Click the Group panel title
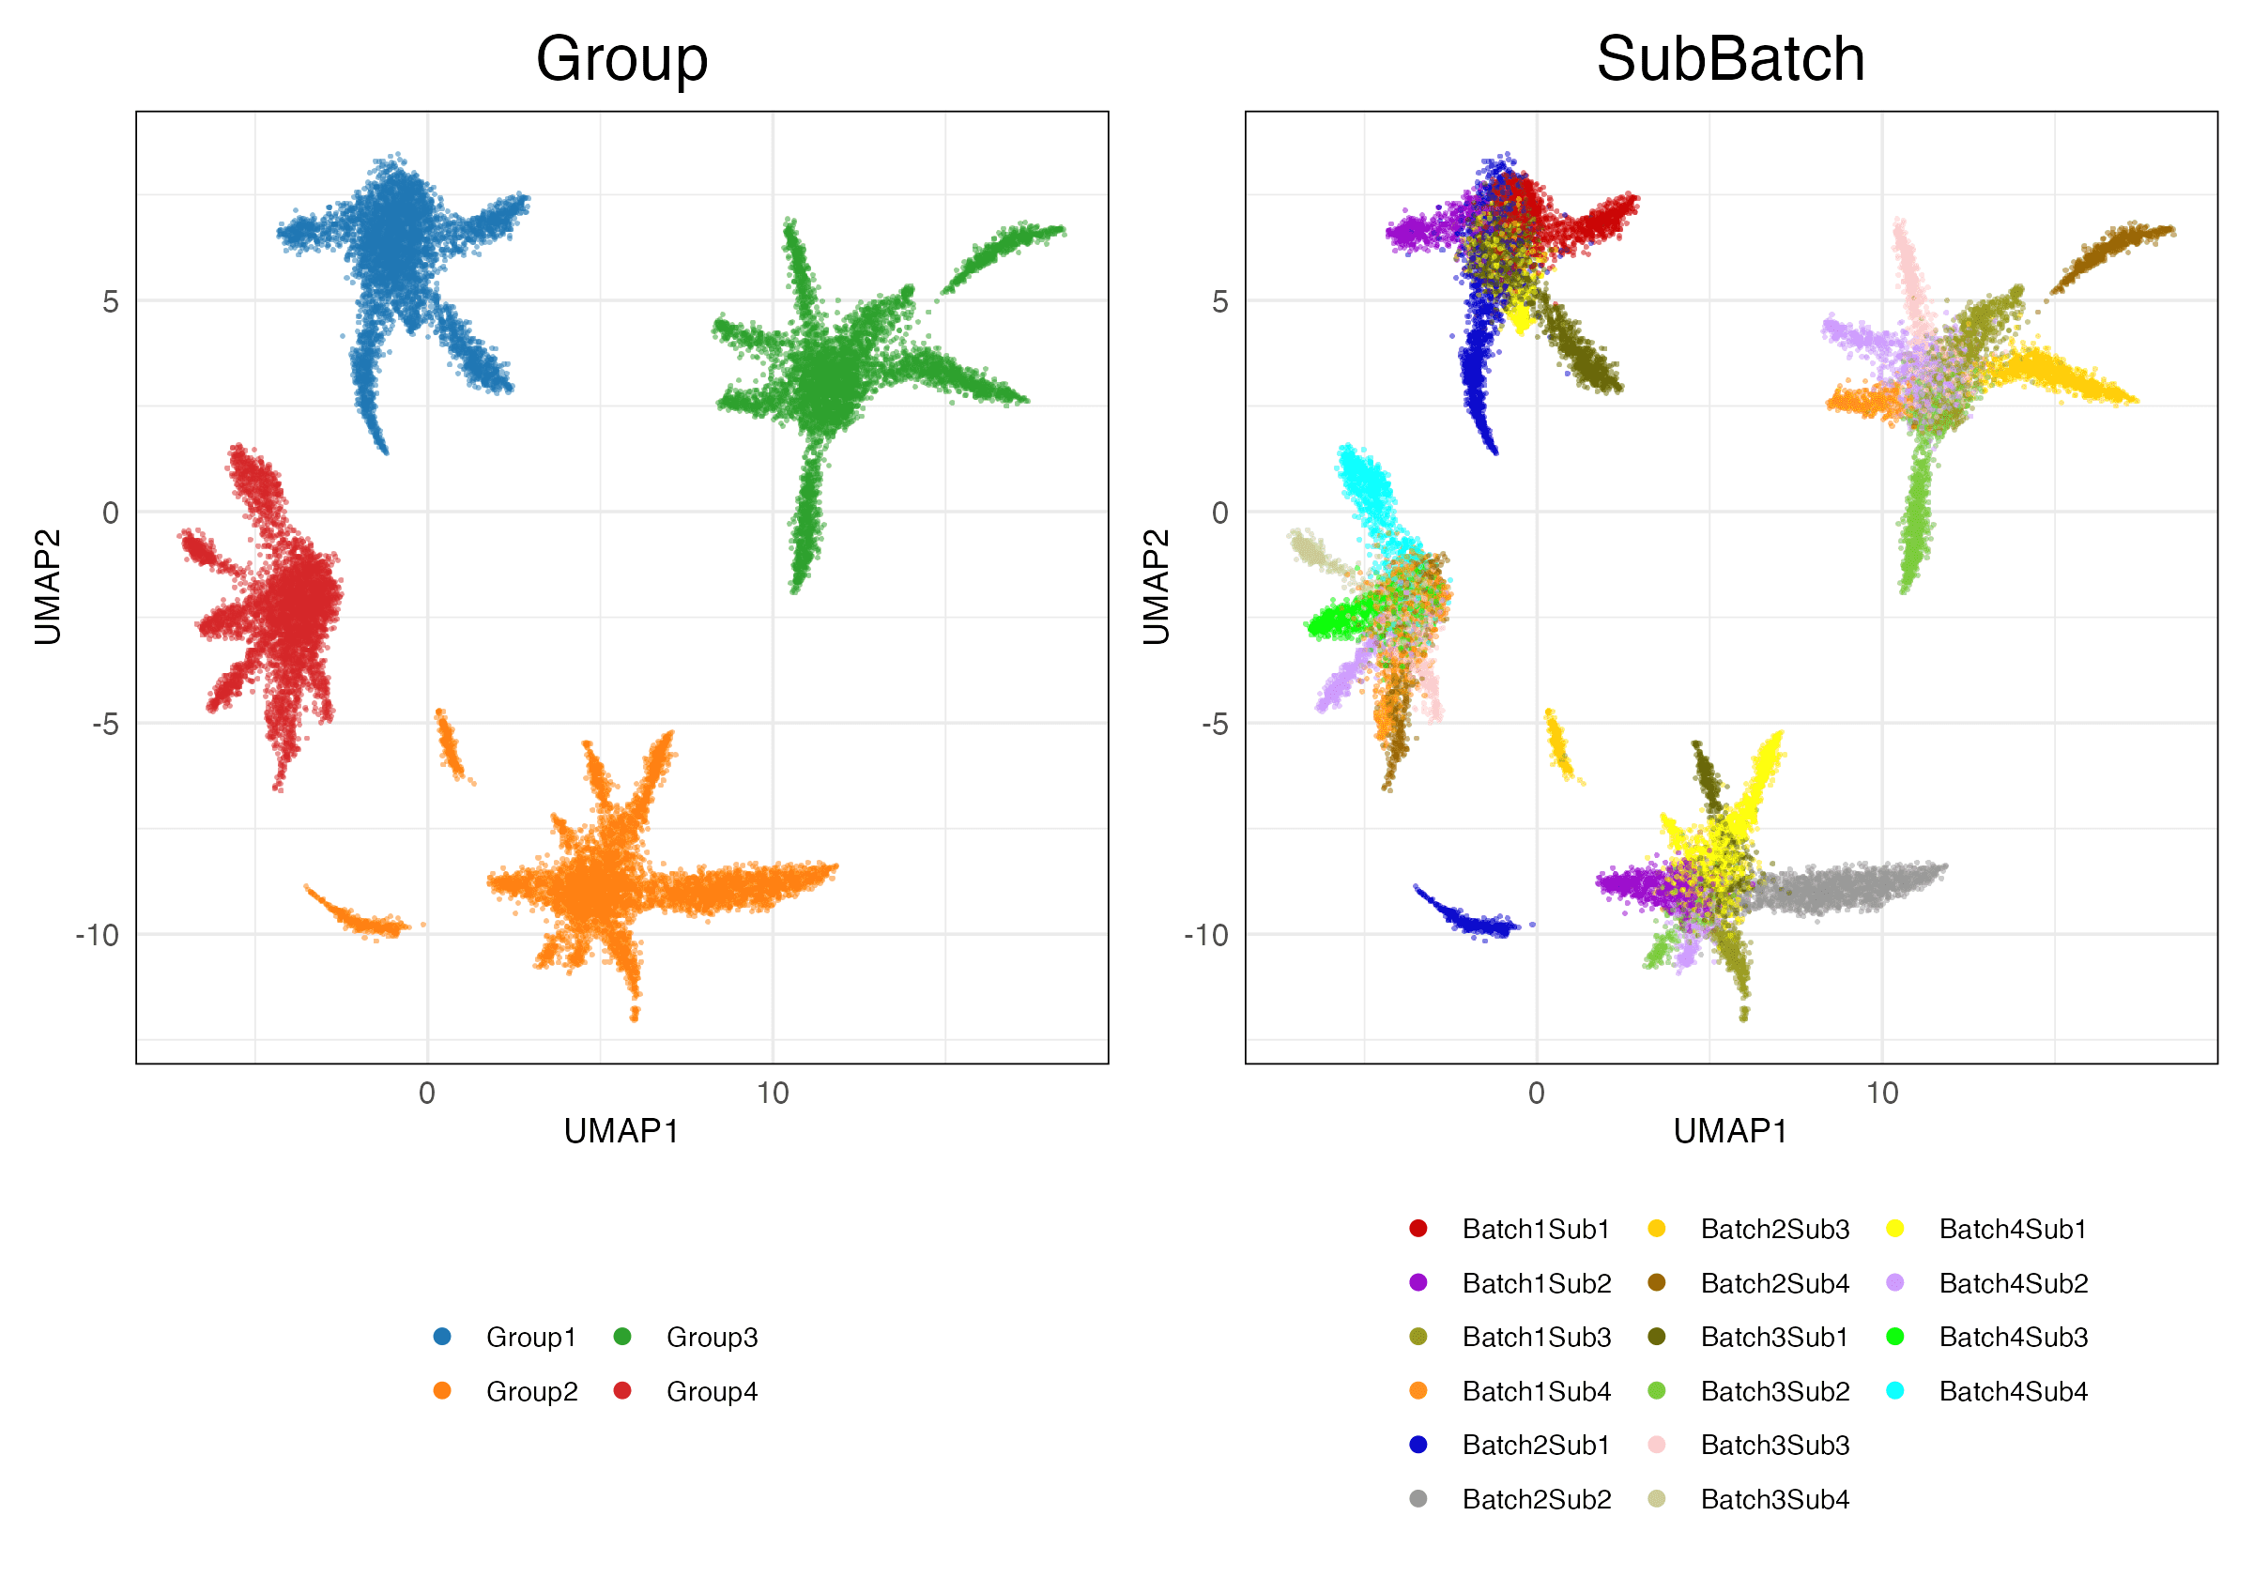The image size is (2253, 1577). (621, 59)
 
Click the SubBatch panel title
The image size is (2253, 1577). (1730, 59)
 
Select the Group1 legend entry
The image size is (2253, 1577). (529, 1337)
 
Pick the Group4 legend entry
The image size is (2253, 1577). (712, 1391)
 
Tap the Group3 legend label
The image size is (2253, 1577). (712, 1337)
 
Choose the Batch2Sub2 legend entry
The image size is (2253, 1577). (1536, 1499)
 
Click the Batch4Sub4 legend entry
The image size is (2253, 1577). (2013, 1391)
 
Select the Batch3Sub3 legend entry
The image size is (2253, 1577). (1774, 1446)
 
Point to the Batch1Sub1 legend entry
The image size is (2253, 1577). (1536, 1229)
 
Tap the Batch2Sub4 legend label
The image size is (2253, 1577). (1774, 1282)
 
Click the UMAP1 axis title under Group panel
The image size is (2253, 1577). (621, 1131)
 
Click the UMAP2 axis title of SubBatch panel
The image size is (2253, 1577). (1157, 587)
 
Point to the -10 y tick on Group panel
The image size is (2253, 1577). (97, 935)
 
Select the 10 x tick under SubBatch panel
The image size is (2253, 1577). (1882, 1094)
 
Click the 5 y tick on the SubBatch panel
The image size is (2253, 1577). (1218, 301)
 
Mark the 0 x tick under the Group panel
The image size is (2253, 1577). (427, 1094)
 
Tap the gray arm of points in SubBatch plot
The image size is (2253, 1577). (1845, 887)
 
